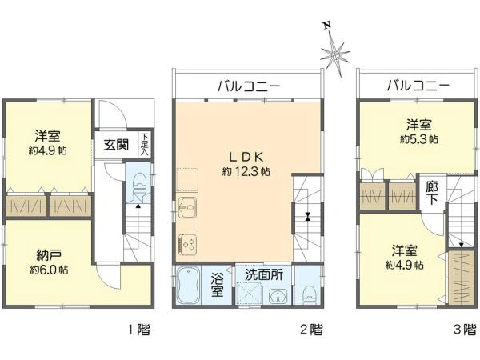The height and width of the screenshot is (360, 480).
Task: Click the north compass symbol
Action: pyautogui.click(x=335, y=52)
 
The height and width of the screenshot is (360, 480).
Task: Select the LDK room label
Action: pyautogui.click(x=246, y=156)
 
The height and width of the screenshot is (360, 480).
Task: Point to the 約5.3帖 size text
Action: pyautogui.click(x=418, y=139)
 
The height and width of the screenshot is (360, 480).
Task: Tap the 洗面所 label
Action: pyautogui.click(x=264, y=274)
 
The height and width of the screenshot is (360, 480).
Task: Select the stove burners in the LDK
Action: pyautogui.click(x=187, y=241)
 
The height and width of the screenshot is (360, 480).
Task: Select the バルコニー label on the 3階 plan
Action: pyautogui.click(x=418, y=86)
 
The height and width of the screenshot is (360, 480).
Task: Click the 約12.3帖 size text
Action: pyautogui.click(x=246, y=171)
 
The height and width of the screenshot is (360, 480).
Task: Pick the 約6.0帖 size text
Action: pyautogui.click(x=46, y=270)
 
